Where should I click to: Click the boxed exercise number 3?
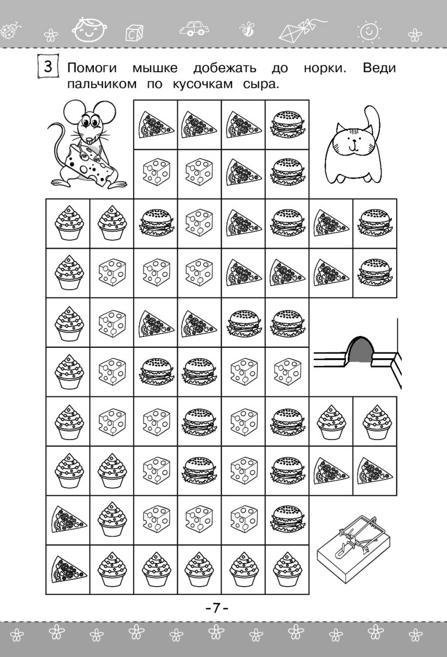click(48, 66)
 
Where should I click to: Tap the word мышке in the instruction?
click(155, 69)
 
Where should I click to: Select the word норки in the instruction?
click(325, 68)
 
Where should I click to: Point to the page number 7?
click(217, 608)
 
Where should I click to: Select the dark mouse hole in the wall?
click(360, 350)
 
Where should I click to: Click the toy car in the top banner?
click(194, 28)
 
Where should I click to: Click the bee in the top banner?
click(247, 29)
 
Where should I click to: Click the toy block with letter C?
click(134, 33)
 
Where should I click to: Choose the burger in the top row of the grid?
click(287, 125)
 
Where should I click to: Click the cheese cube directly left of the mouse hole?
click(287, 372)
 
